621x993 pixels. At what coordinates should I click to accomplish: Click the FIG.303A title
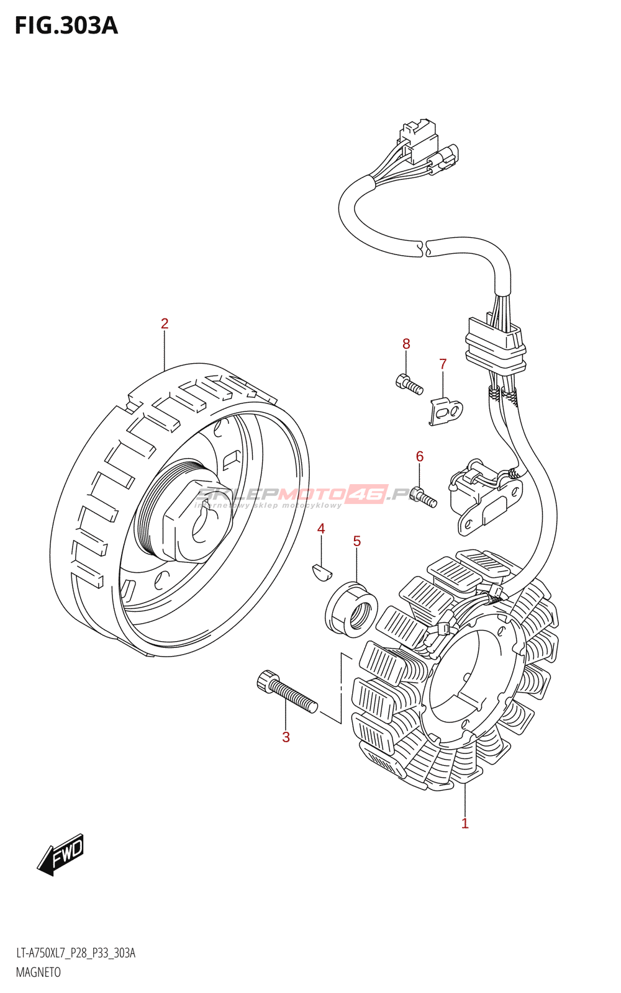(66, 26)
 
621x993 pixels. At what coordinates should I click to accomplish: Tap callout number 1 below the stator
(465, 824)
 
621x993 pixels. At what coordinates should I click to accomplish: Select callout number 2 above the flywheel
(165, 323)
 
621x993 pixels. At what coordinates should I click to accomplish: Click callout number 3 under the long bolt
(286, 737)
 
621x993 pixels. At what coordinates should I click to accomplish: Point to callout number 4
(321, 529)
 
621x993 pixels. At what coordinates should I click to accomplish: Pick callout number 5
(357, 541)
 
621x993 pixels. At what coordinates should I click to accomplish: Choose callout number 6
(420, 457)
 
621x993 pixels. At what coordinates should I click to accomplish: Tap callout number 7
(443, 364)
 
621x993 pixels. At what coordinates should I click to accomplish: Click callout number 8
(406, 344)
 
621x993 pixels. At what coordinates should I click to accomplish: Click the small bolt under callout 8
(409, 384)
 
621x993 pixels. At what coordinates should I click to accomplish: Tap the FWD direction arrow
(61, 854)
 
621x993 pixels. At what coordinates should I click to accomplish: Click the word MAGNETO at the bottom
(39, 972)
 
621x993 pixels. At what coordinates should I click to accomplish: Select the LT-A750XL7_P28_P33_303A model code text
(76, 953)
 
